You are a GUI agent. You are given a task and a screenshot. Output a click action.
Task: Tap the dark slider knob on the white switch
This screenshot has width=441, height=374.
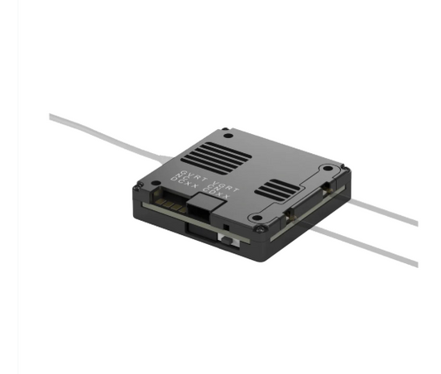pyautogui.click(x=224, y=239)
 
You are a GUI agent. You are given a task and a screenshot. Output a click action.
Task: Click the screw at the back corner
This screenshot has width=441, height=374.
pyautogui.click(x=225, y=131)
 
